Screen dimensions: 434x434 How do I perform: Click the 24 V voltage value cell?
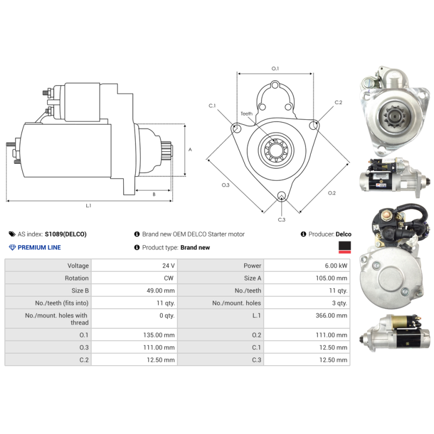pos(168,266)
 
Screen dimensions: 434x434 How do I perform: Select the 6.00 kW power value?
pos(336,266)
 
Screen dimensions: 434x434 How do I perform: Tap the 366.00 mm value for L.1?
pos(331,316)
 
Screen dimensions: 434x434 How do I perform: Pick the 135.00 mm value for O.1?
pos(159,335)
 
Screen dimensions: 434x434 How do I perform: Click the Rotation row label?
pos(76,278)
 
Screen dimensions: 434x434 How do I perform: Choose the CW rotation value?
pos(169,278)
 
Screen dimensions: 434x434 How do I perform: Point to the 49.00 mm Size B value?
pos(161,291)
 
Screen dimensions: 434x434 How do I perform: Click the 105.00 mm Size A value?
pos(331,278)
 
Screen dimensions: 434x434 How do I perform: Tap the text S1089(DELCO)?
pos(66,234)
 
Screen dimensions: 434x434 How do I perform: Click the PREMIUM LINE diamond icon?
pos(12,247)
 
